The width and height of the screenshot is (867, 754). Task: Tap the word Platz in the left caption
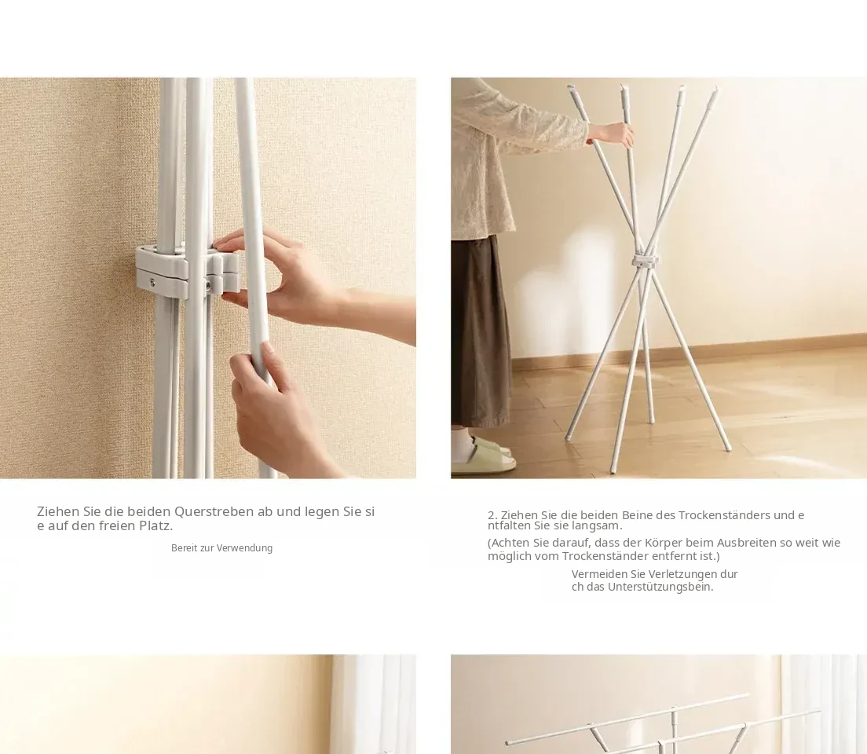pos(156,525)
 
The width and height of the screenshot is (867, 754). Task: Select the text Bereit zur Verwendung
pos(221,548)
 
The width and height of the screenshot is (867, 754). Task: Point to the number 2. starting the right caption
pos(492,515)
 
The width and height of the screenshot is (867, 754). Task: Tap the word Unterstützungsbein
pos(660,587)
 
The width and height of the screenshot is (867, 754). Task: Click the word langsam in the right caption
pos(604,526)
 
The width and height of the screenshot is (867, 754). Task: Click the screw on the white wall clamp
pos(152,283)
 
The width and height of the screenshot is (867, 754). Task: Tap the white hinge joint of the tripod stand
pos(646,260)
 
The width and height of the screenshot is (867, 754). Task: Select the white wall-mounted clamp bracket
pos(187,273)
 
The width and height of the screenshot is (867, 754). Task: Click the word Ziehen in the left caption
pos(58,512)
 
